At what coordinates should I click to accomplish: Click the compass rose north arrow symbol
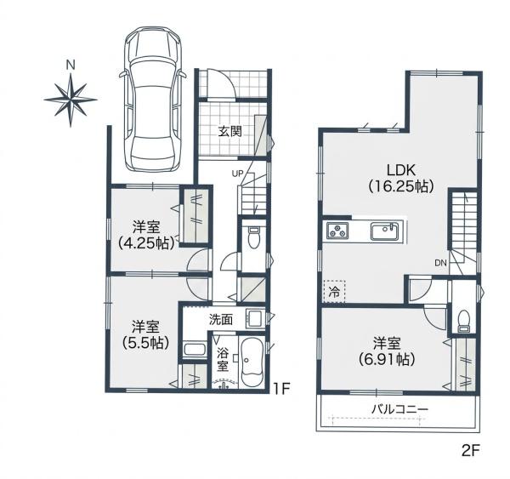pyautogui.click(x=71, y=100)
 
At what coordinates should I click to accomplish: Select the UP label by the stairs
pyautogui.click(x=237, y=174)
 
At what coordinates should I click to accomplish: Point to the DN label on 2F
pyautogui.click(x=440, y=263)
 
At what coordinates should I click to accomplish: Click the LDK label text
pyautogui.click(x=400, y=170)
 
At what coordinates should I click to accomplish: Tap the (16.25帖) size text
pyautogui.click(x=401, y=186)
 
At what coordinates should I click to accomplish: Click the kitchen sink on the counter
pyautogui.click(x=384, y=231)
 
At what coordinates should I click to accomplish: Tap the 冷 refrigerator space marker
pyautogui.click(x=334, y=292)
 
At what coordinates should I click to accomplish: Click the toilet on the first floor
pyautogui.click(x=253, y=237)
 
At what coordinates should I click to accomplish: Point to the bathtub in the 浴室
pyautogui.click(x=252, y=362)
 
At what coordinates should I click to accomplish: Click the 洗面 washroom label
pyautogui.click(x=221, y=320)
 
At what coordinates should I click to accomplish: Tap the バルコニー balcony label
pyautogui.click(x=399, y=408)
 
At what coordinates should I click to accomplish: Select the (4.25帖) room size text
pyautogui.click(x=145, y=242)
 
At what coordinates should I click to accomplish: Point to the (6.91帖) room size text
pyautogui.click(x=387, y=359)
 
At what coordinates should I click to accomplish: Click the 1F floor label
pyautogui.click(x=281, y=388)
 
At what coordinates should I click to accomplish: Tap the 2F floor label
pyautogui.click(x=471, y=450)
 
